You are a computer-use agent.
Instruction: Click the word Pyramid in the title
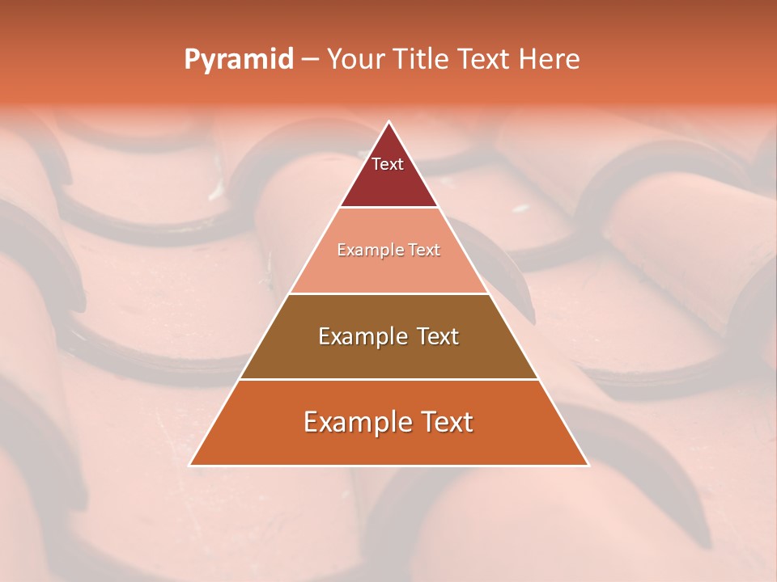(239, 60)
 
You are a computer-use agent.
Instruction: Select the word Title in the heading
(424, 59)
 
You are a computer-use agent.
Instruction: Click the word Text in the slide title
(486, 59)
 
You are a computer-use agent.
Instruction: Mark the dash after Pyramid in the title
(310, 60)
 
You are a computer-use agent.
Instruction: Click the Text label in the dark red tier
(388, 164)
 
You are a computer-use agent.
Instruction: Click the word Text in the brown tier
(437, 336)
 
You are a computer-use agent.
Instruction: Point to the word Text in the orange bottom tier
(443, 422)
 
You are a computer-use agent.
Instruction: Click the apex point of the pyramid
(388, 122)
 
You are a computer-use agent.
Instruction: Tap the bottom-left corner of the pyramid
(190, 465)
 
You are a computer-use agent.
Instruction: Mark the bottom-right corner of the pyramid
(588, 465)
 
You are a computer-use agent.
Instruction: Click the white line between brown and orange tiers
(388, 379)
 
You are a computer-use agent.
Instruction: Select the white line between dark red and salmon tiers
(388, 208)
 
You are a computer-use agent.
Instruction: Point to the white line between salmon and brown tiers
(388, 293)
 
